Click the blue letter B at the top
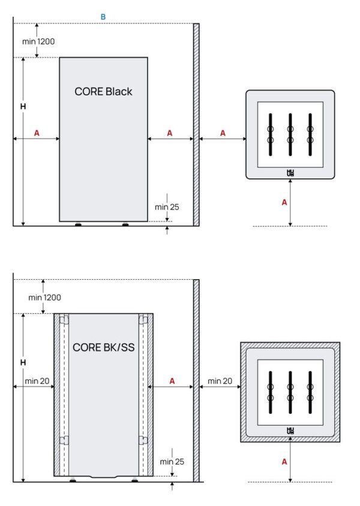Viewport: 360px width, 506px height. click(103, 17)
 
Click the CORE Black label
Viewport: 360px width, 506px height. click(103, 92)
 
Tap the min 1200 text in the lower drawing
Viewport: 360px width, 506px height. click(44, 297)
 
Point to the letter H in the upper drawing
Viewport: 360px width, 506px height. click(23, 106)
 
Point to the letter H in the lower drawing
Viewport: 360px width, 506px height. click(23, 363)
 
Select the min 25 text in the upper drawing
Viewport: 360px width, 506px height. click(167, 207)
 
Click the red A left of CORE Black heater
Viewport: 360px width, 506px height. click(37, 133)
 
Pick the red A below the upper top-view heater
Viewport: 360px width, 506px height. click(284, 203)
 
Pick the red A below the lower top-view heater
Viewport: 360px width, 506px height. click(284, 462)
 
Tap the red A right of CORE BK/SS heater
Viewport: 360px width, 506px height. click(172, 381)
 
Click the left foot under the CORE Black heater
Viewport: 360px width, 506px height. click(78, 225)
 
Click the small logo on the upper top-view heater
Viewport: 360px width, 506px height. click(290, 173)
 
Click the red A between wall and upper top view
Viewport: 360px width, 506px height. click(223, 133)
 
